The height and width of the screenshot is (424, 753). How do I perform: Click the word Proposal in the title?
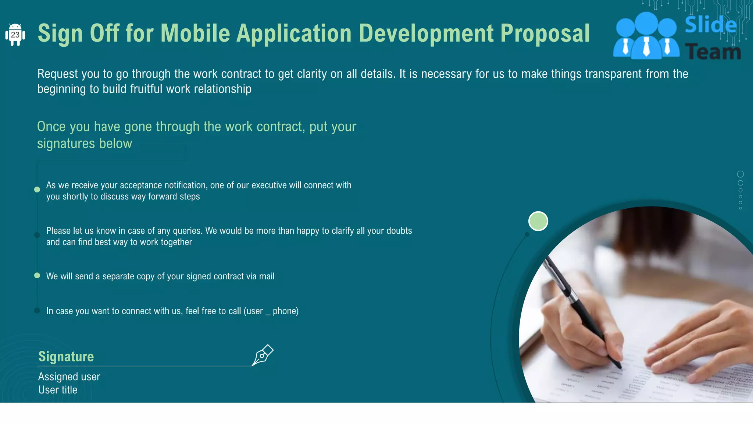click(545, 33)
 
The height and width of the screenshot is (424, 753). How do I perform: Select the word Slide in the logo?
click(710, 25)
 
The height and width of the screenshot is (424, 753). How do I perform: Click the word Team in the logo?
click(713, 52)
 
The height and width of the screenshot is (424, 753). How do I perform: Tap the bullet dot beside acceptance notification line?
click(37, 190)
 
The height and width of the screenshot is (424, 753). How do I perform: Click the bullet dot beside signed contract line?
click(37, 275)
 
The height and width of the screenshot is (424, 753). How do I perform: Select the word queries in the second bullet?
click(188, 231)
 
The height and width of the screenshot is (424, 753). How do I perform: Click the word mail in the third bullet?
click(267, 276)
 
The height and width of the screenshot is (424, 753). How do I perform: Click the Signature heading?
click(66, 356)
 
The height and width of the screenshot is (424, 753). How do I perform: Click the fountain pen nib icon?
click(263, 355)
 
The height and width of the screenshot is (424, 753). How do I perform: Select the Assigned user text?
click(69, 377)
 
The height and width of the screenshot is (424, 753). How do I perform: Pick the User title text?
click(58, 390)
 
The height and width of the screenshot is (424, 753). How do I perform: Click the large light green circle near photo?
click(538, 221)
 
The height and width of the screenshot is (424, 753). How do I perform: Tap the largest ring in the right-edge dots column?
click(740, 174)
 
